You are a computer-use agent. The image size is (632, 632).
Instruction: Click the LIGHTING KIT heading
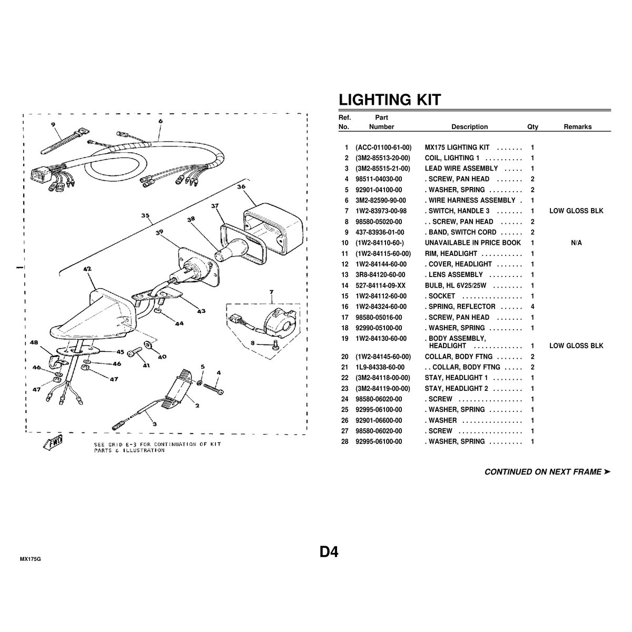390,100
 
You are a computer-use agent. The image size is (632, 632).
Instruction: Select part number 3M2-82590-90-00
380,200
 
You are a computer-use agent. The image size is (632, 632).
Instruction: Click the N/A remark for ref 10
576,243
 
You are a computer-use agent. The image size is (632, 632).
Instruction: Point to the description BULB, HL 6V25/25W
455,285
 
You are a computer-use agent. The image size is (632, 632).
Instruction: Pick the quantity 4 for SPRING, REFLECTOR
532,307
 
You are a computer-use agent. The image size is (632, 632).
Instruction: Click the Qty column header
532,127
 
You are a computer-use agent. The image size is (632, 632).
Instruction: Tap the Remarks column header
578,127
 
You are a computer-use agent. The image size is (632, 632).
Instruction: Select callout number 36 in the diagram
241,186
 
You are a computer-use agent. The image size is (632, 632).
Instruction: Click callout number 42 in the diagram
87,269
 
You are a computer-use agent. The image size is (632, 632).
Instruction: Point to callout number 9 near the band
53,125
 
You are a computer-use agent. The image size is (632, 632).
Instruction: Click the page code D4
329,552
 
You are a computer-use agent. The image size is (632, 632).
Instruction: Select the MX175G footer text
30,559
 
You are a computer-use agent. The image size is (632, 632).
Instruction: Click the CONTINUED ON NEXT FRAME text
547,472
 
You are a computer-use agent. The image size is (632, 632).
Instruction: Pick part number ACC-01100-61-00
383,147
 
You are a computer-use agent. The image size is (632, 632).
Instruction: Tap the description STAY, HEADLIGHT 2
456,389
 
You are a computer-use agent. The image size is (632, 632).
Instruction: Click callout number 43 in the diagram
201,311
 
